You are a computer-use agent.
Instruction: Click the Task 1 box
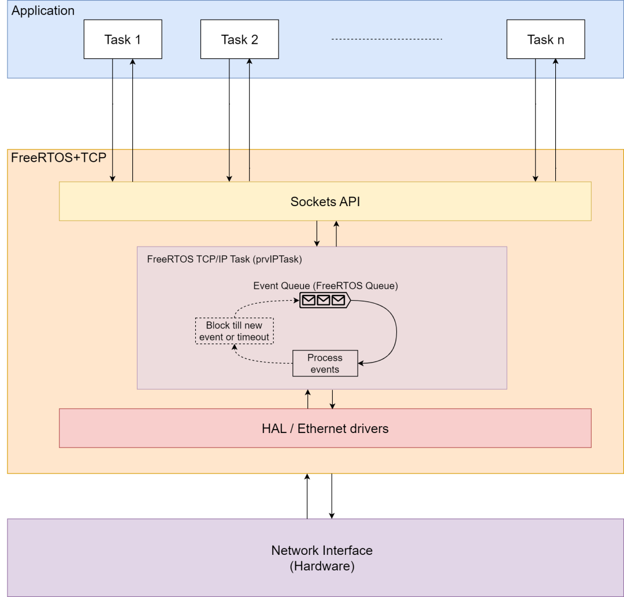[122, 40]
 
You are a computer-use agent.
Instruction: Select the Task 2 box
[239, 40]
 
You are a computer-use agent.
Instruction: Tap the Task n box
[545, 40]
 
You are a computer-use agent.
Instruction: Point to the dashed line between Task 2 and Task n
[387, 39]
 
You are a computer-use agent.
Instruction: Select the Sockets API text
[325, 202]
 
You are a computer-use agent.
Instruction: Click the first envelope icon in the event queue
[310, 300]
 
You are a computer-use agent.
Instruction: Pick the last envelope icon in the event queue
[339, 300]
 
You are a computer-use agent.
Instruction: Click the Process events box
[325, 363]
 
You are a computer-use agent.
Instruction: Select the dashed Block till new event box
[234, 331]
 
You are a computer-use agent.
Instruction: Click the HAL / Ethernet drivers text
[325, 428]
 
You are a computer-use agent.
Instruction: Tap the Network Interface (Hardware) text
[322, 558]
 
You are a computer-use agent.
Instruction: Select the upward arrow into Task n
[555, 121]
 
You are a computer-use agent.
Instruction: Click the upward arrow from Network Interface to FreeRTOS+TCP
[307, 497]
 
